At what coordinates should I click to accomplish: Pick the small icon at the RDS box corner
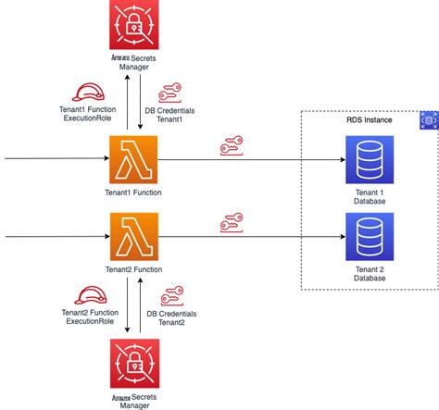coord(428,120)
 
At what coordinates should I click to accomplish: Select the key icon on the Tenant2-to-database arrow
coord(232,223)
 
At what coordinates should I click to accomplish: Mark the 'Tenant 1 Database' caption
coord(369,195)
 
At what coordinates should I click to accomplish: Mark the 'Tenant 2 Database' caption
coord(369,272)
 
